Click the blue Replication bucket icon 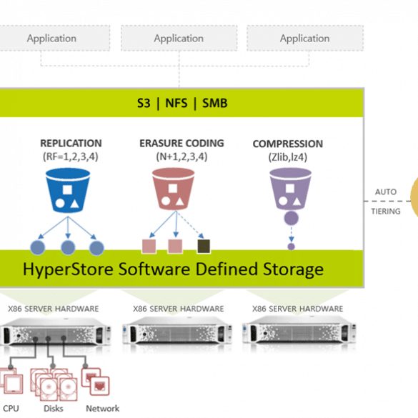(68, 190)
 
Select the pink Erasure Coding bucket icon (174, 189)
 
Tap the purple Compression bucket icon (290, 189)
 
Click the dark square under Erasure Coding (204, 246)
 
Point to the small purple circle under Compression (291, 247)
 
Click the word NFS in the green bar (176, 103)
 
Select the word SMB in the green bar (215, 103)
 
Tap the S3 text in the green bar (144, 103)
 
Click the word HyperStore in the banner (68, 269)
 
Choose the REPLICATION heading (71, 144)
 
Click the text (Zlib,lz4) (288, 157)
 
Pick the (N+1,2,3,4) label (181, 156)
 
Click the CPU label (11, 409)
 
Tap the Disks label (54, 409)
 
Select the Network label (103, 409)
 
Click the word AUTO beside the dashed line (386, 192)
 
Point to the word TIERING (386, 212)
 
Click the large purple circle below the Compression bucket (291, 218)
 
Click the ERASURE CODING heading (181, 144)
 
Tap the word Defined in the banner (227, 269)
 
